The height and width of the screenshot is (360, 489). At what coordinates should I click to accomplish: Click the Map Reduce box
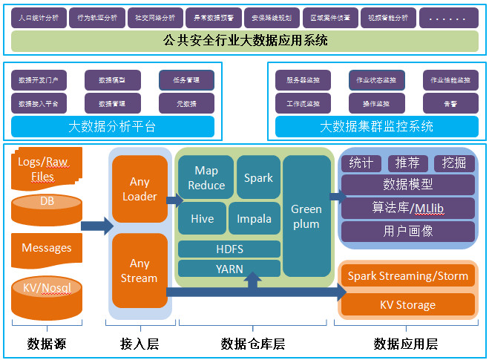tap(206, 178)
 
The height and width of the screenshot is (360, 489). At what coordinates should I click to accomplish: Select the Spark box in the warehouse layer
tap(258, 178)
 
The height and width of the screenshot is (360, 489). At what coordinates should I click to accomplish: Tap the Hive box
tap(202, 218)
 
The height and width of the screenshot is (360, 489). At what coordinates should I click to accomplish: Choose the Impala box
tap(254, 218)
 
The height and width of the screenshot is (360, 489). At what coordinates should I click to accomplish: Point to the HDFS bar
tap(229, 249)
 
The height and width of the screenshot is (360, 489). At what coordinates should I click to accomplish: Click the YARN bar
tap(229, 269)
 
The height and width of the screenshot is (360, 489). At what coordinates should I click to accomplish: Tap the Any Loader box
tap(140, 189)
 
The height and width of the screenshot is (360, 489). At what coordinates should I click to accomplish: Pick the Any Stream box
tap(140, 271)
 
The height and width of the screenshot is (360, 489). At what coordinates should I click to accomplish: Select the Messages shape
tap(47, 248)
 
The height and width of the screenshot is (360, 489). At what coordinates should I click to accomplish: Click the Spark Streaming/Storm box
tap(407, 276)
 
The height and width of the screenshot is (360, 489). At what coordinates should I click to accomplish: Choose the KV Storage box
tap(407, 304)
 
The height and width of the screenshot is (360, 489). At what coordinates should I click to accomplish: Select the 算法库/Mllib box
tap(407, 208)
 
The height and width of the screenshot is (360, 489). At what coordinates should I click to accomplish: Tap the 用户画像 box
tap(407, 232)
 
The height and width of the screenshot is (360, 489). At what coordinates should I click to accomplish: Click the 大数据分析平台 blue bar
tap(112, 126)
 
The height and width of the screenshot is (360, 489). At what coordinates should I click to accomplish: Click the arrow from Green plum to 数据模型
tap(338, 197)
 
